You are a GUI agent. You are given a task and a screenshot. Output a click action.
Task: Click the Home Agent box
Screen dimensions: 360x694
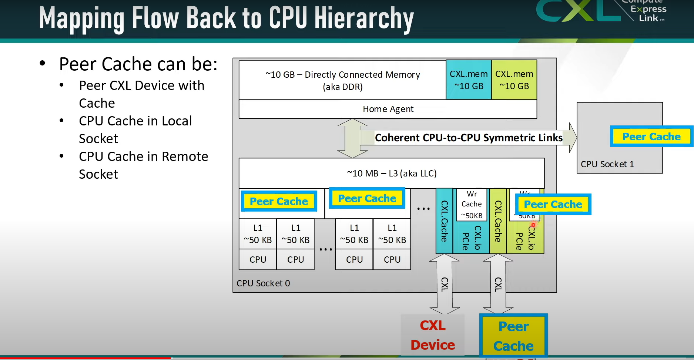point(388,109)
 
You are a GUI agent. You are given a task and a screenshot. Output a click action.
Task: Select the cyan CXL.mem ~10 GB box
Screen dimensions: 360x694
point(469,80)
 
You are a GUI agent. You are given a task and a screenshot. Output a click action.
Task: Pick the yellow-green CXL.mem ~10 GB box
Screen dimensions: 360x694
point(514,80)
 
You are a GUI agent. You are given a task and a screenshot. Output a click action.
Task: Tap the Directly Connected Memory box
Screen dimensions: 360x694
point(342,80)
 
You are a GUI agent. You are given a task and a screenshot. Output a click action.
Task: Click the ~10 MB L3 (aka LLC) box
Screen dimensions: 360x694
point(392,173)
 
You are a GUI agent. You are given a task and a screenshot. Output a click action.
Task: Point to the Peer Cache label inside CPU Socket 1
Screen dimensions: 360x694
point(651,137)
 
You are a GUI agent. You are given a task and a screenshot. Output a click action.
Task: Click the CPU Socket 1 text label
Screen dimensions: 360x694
point(607,164)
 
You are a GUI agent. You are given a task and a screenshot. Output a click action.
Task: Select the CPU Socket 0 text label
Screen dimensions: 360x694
point(263,283)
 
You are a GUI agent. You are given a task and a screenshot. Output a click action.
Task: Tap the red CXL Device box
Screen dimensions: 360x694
point(432,335)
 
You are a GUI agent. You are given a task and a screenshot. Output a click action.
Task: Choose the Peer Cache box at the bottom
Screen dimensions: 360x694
point(513,336)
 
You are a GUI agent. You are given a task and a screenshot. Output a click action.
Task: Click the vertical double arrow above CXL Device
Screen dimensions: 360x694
point(445,284)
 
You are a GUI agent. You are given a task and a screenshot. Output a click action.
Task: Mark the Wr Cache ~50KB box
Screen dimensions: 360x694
point(472,205)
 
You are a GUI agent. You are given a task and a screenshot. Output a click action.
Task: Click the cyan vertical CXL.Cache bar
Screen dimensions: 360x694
point(444,221)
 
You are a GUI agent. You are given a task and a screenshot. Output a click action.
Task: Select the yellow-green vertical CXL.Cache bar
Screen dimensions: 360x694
point(498,221)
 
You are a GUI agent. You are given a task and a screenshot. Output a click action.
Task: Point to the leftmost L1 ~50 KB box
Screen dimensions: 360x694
point(258,234)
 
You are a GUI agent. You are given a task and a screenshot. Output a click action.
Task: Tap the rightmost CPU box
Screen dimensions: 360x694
point(392,260)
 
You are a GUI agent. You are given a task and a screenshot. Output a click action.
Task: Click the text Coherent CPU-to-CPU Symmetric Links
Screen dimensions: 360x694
point(469,138)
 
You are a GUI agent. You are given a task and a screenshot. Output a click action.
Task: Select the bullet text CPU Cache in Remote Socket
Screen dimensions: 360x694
point(143,165)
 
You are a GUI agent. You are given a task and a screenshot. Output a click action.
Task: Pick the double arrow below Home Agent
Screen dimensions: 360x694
point(352,138)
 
